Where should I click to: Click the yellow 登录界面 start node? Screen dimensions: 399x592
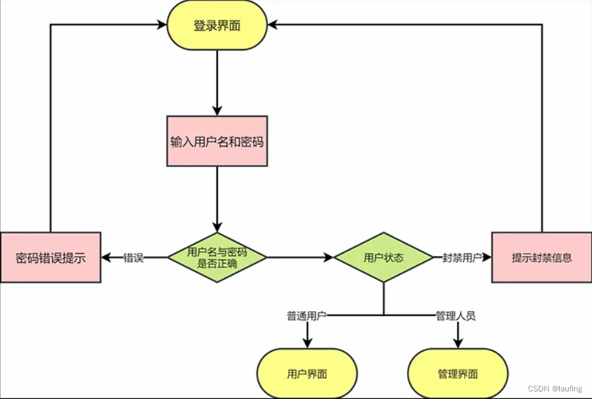[x=217, y=26]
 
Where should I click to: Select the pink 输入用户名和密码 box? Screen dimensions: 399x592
[x=217, y=141]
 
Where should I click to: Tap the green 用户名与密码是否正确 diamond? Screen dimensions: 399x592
[x=217, y=257]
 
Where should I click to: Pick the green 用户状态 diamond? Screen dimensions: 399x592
[x=384, y=257]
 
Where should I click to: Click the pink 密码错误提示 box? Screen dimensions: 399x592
[x=51, y=257]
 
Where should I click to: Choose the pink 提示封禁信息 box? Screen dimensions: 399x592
[x=542, y=257]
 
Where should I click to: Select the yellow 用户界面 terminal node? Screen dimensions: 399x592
[x=307, y=373]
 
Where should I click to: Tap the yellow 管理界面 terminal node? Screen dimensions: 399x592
[x=458, y=373]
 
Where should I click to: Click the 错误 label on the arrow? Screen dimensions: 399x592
[x=134, y=258]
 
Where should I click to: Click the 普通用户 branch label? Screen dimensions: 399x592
[x=306, y=315]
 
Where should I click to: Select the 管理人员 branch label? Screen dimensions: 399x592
[x=455, y=315]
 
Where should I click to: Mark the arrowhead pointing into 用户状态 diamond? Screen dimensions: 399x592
[x=329, y=257]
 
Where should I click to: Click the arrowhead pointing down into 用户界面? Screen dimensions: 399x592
[x=307, y=342]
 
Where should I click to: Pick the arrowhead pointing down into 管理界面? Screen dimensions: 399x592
[x=458, y=342]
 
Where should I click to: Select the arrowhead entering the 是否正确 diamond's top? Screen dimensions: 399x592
[x=217, y=227]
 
